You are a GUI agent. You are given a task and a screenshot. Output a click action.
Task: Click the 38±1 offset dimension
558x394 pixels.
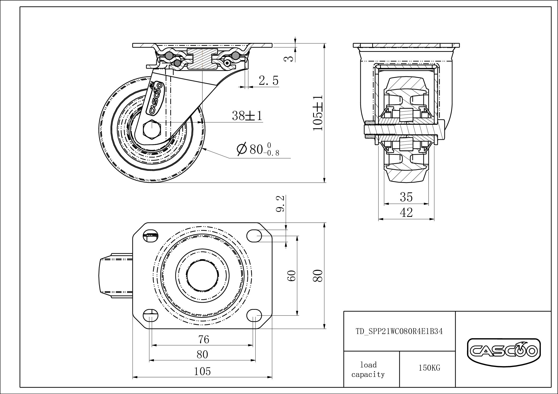[247, 116]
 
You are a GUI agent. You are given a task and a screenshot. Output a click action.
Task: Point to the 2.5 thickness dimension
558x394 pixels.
[268, 81]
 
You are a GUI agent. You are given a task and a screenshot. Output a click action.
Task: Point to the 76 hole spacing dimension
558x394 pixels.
[203, 340]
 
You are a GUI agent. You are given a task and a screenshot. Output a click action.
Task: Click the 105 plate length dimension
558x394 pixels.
[202, 371]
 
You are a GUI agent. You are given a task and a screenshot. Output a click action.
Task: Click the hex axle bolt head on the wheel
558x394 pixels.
[151, 129]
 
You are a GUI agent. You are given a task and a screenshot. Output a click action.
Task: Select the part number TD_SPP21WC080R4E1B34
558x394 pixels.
[399, 331]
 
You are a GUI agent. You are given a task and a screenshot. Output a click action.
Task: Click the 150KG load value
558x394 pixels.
[429, 368]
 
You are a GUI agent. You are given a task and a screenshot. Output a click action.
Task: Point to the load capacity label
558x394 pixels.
[368, 370]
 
